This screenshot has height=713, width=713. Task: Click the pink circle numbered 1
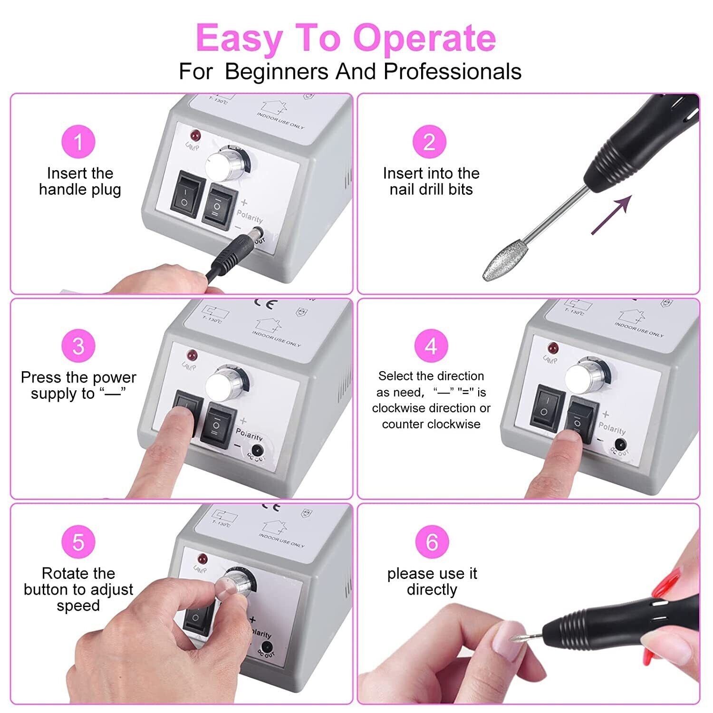[78, 142]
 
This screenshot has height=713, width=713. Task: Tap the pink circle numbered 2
[429, 142]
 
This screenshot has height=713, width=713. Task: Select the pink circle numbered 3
[78, 346]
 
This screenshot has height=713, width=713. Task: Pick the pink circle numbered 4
[431, 346]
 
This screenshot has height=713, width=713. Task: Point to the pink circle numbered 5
[78, 542]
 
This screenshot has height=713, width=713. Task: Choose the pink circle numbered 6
[432, 542]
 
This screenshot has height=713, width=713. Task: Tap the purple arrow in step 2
[611, 214]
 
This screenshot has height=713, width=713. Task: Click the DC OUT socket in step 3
[257, 449]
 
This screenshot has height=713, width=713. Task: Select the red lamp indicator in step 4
[553, 347]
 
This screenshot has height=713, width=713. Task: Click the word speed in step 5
[78, 606]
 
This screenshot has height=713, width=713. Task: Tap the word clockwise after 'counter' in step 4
[455, 424]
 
